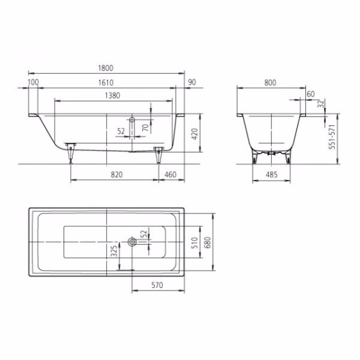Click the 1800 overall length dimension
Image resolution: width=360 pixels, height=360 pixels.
coord(107,68)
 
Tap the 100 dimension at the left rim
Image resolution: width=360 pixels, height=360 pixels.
coord(33,82)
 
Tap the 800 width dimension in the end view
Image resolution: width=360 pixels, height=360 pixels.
coord(270,82)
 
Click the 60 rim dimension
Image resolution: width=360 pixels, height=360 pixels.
coord(310,94)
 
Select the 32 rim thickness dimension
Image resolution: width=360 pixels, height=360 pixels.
coord(320,105)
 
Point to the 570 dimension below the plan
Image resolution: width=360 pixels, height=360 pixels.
coord(157,285)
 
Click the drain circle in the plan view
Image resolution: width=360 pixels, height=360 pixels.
coord(132,242)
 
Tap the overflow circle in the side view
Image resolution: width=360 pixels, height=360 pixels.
coord(132,120)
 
